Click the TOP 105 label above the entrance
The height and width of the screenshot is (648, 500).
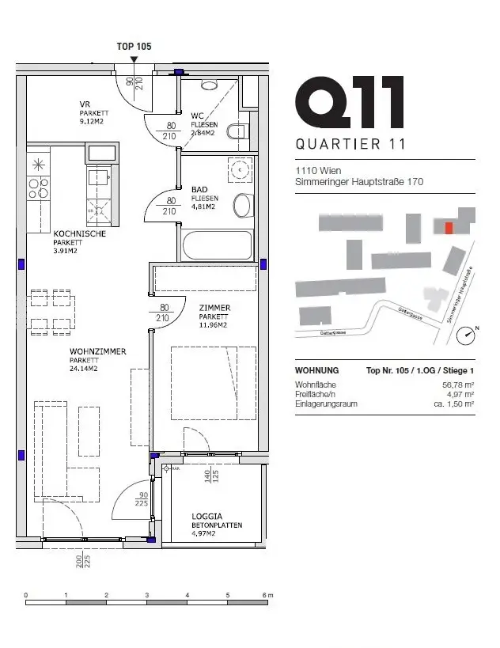point(134,46)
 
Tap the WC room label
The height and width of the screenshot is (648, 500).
point(197,115)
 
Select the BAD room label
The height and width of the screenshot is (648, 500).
point(200,190)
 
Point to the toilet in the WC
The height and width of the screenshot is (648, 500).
point(237,132)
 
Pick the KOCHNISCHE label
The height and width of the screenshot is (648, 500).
point(79,234)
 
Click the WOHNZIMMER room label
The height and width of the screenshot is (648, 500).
point(97,351)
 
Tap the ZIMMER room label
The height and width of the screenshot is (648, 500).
point(214,308)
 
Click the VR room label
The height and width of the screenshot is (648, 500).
point(85,104)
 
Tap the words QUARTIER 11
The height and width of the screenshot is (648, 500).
point(350,144)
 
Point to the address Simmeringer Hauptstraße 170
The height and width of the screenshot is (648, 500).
point(358,182)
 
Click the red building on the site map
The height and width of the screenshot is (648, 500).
point(449,228)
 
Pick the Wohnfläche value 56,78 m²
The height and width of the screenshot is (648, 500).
point(457,385)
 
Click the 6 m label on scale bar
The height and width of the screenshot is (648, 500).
point(268,594)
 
